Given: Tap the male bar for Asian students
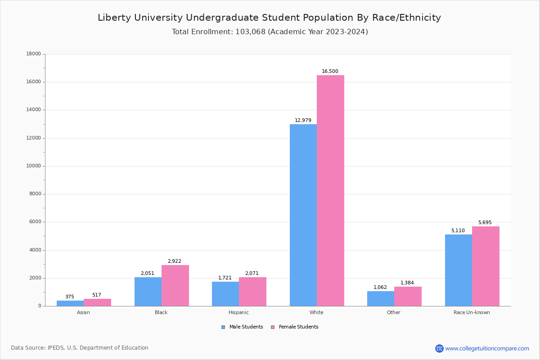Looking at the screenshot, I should pyautogui.click(x=70, y=303).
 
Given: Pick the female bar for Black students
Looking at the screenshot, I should pyautogui.click(x=175, y=285).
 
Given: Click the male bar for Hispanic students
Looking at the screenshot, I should pyautogui.click(x=225, y=294).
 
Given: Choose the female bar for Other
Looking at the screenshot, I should pyautogui.click(x=408, y=296).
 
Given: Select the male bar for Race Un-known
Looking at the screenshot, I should pyautogui.click(x=459, y=270).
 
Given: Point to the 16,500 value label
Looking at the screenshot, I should pyautogui.click(x=330, y=72).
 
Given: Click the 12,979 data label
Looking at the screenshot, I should pyautogui.click(x=303, y=121).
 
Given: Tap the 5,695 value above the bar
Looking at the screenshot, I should pyautogui.click(x=485, y=223).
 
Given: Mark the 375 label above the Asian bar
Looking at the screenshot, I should pyautogui.click(x=70, y=297).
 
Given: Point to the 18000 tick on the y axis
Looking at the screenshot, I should pyautogui.click(x=34, y=54).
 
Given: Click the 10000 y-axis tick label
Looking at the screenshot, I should pyautogui.click(x=34, y=166).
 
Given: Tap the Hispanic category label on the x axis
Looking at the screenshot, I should pyautogui.click(x=238, y=312).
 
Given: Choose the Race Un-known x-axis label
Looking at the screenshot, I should pyautogui.click(x=472, y=312).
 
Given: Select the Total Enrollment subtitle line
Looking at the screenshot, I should pyautogui.click(x=270, y=32).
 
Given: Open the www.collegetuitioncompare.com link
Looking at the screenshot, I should pyautogui.click(x=487, y=348).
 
